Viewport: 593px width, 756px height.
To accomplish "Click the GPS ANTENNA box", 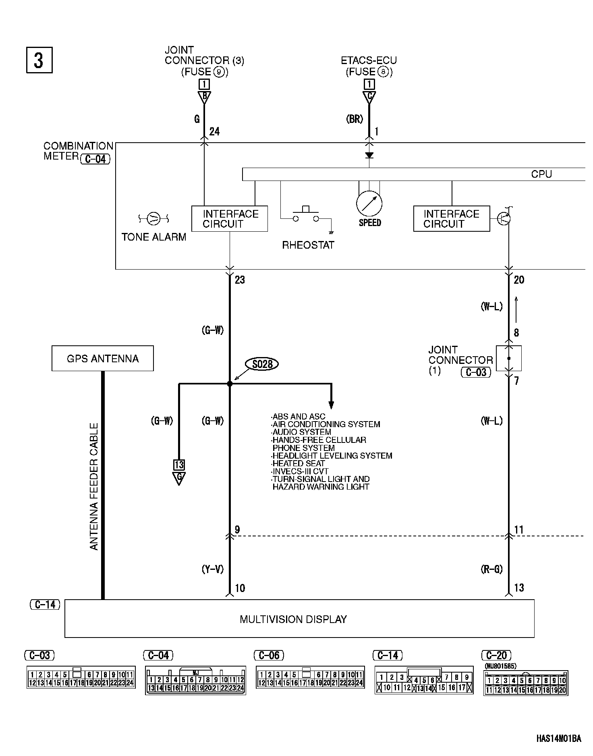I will point(102,358).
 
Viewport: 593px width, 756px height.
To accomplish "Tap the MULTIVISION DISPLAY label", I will point(293,619).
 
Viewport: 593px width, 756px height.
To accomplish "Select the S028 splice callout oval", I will point(262,364).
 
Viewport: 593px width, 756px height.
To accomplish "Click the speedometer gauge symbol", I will point(369,204).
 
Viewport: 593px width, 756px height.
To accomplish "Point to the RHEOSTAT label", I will point(308,245).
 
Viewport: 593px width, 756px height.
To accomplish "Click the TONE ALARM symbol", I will point(153,219).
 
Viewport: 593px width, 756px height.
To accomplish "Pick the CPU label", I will point(541,174).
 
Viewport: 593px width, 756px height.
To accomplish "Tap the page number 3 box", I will point(39,60).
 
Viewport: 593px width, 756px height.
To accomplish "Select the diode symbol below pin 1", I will point(369,155).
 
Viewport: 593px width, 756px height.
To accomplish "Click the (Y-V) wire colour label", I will point(212,569).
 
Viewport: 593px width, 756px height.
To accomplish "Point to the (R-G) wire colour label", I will point(492,569).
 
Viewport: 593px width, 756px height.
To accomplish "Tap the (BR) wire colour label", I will point(355,119).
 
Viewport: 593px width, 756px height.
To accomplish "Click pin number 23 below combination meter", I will point(240,280).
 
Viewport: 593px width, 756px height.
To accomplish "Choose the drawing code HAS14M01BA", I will point(558,739).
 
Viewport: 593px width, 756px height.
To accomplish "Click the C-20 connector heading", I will point(496,655).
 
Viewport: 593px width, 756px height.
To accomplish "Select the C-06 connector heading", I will point(269,655).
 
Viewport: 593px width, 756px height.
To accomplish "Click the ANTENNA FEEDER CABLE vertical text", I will point(93,486).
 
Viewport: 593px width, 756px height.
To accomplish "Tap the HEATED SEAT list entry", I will point(299,463).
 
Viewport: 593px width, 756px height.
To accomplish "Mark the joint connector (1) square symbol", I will point(509,358).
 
